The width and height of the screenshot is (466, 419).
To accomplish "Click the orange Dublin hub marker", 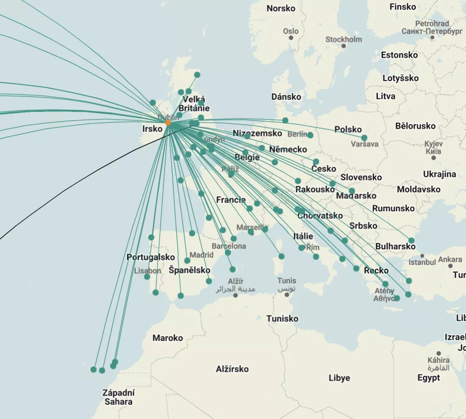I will click(x=168, y=123).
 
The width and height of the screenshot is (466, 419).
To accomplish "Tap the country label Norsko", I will click(x=281, y=8).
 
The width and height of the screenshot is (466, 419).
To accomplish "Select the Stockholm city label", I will click(x=343, y=39).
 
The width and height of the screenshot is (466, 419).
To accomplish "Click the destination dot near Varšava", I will click(x=364, y=138).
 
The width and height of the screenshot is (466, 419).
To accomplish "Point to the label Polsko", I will click(x=348, y=129).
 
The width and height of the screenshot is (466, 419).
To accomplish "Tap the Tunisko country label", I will click(x=282, y=319).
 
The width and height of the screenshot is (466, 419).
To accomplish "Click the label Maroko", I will click(x=168, y=338).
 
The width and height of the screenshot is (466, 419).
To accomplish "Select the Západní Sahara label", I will click(x=119, y=397).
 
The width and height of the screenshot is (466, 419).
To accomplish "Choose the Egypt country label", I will click(x=429, y=377).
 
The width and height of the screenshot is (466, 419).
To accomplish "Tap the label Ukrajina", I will click(x=439, y=174).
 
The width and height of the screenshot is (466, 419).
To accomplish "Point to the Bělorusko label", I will click(x=415, y=126).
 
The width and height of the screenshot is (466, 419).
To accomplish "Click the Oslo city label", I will click(x=291, y=31).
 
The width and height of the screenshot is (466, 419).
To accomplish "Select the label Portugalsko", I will click(x=150, y=257).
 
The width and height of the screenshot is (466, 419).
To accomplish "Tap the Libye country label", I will click(x=339, y=378).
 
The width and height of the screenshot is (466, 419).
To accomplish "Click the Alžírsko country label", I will click(x=232, y=369).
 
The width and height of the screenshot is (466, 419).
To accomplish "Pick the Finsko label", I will click(x=403, y=7).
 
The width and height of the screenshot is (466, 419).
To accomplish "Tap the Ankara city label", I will click(x=450, y=259).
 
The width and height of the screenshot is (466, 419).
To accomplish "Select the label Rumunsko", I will click(x=393, y=208).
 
